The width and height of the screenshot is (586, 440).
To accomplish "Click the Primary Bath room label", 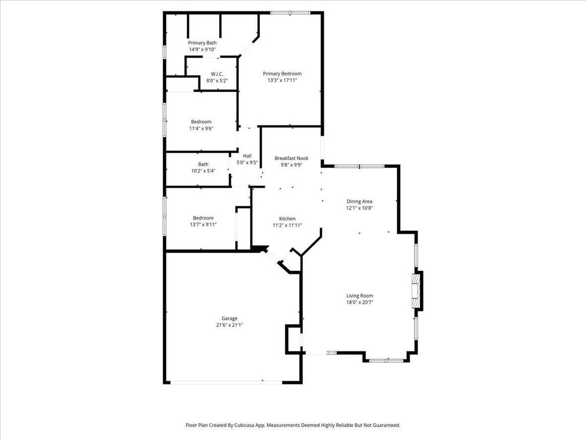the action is click(202, 43).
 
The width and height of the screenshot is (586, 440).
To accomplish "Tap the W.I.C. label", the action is click(217, 74).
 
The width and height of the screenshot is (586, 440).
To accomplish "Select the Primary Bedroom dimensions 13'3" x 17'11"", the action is click(282, 80).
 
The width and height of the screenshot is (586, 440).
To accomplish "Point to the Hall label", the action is click(247, 156).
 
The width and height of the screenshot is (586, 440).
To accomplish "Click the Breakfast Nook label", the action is click(291, 158).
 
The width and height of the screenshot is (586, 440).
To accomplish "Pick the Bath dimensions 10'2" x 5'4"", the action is click(203, 171).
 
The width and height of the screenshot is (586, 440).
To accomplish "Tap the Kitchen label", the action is click(287, 218).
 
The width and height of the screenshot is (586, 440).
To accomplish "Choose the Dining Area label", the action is click(359, 201).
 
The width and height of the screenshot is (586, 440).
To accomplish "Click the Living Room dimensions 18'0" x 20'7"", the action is click(359, 302).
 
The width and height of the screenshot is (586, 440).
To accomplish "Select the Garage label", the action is click(229, 319).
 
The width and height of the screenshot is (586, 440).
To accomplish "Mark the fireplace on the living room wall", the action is click(415, 290).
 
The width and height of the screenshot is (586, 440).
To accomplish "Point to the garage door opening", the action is click(226, 382).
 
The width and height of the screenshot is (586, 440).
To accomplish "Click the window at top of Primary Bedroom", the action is click(290, 13).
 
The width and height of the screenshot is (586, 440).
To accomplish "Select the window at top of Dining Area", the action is click(359, 166).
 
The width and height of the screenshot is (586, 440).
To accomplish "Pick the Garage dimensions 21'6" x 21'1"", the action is click(229, 325).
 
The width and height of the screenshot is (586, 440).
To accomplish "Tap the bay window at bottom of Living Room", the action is click(386, 361).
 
